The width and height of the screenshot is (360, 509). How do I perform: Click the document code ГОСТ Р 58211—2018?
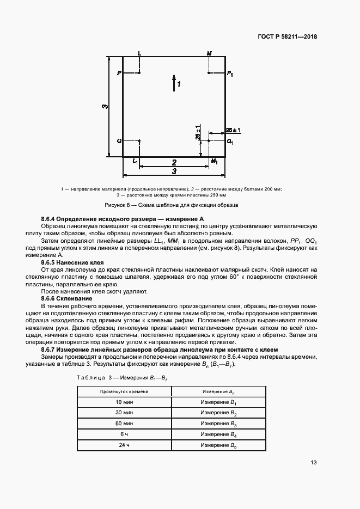pos(287,37)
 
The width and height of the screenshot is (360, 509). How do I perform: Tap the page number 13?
pos(313,463)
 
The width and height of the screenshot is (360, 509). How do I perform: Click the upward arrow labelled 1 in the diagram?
pos(174,83)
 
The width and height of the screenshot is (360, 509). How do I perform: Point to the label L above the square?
pos(139,53)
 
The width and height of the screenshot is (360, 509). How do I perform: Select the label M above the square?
pos(209,53)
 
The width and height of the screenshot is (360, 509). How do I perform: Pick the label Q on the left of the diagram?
pos(118,141)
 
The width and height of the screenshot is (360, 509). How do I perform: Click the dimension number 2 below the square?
pos(174,162)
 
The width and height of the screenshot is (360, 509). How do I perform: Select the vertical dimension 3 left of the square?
pos(104,106)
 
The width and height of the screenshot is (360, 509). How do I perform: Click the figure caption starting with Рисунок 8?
pos(172,205)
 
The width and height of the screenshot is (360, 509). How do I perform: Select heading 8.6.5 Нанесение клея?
pos(72,262)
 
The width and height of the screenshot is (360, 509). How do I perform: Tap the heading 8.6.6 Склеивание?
pos(66,298)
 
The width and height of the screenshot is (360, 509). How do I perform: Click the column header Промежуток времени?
pos(124,391)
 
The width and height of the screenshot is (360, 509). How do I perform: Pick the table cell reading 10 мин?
pos(124,402)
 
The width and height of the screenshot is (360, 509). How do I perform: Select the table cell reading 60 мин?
pos(124,423)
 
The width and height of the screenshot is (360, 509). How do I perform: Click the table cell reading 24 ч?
pos(124,445)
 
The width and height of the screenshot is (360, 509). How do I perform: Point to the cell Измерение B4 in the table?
pos(218,434)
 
